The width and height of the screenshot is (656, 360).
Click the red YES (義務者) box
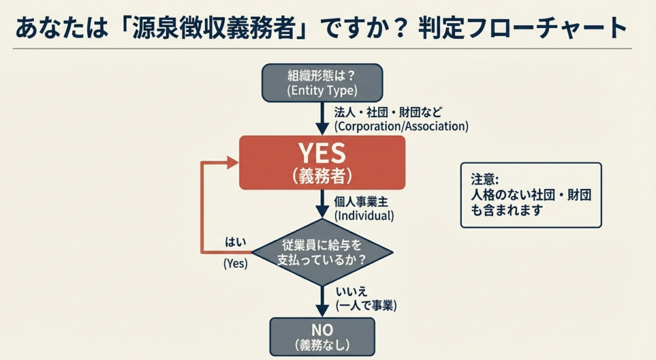322,163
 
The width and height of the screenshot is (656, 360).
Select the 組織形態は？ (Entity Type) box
322,83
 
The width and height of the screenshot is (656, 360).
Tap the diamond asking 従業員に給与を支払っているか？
322,252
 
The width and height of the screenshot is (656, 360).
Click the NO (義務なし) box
322,336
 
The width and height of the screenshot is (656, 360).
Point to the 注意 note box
531,195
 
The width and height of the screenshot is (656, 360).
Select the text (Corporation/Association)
401,126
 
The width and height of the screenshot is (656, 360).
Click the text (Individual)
364,216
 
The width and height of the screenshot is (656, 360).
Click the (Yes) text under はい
235,263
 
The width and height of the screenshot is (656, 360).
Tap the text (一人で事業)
366,306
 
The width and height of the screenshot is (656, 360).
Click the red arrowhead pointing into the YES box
233,163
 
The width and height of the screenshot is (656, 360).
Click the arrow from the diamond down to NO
322,301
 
